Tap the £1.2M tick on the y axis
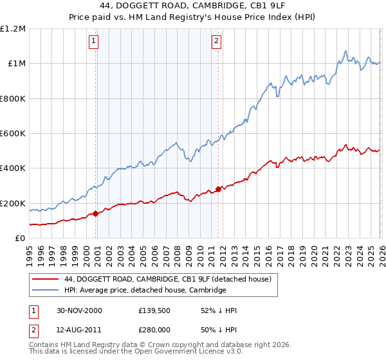13,28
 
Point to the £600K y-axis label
13,133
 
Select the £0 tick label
19,238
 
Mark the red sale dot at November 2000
96,213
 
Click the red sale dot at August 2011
218,189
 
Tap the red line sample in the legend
46,279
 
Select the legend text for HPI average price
145,290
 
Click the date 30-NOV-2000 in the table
80,310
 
